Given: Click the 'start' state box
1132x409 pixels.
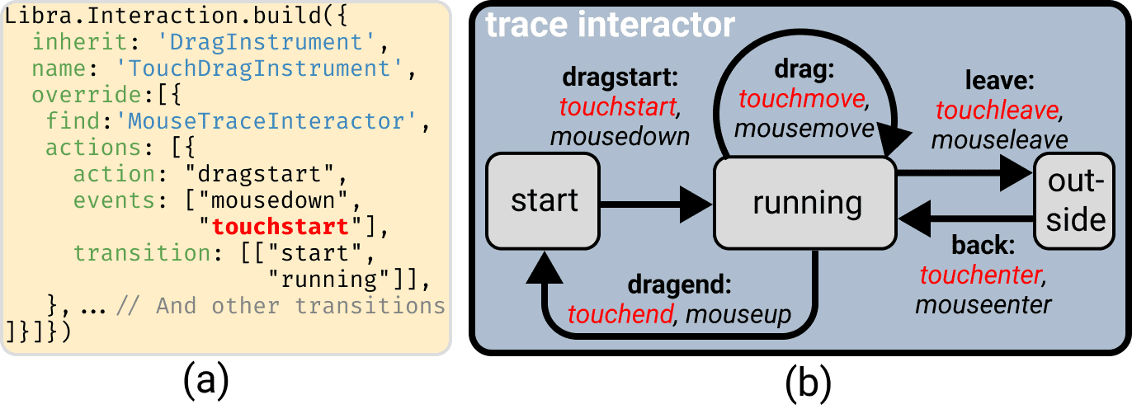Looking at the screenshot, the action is (x=543, y=201).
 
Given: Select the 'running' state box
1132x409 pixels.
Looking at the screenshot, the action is (x=805, y=203).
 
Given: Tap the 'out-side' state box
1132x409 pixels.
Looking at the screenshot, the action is (x=1074, y=201).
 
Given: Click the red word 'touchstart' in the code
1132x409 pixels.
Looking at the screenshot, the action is (x=281, y=227).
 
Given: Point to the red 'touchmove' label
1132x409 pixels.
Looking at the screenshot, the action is (x=801, y=99).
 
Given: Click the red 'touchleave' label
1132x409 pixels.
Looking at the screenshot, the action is (x=997, y=110).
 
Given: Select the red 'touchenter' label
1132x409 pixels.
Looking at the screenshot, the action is (x=980, y=275).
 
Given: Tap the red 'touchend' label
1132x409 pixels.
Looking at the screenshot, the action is (x=620, y=314).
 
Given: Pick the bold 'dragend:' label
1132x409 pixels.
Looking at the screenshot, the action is (x=680, y=284).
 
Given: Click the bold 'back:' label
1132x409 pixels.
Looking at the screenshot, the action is (x=983, y=246).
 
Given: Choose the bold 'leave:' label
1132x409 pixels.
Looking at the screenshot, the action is (x=1000, y=80).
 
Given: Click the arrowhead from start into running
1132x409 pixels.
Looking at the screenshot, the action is (x=696, y=204).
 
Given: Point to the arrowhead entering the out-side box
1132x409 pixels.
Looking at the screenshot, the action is (x=1016, y=173).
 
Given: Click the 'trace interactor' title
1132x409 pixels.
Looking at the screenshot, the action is (x=610, y=25).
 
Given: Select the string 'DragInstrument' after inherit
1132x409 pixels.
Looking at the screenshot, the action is (x=266, y=42).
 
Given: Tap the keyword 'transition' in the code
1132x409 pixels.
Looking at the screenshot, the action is (x=142, y=253).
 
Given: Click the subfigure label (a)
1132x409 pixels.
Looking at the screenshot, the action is (x=205, y=382).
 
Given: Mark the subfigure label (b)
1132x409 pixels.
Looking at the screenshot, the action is (x=808, y=382).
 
